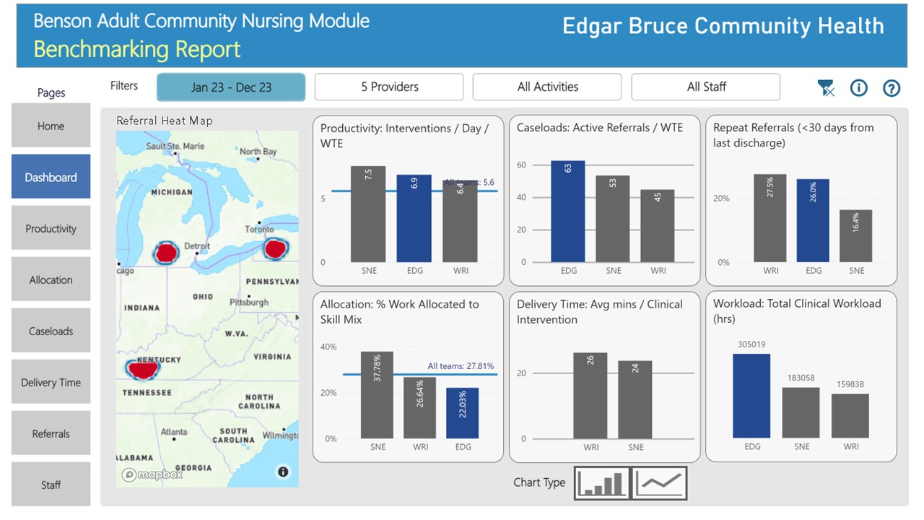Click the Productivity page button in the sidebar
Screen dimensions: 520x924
51,228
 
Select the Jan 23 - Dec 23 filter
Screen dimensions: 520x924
231,87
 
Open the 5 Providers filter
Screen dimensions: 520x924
389,87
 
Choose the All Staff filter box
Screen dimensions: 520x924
705,87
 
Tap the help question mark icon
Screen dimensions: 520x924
892,88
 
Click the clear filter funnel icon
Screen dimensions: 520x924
826,88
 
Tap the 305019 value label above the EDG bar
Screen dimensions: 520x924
751,344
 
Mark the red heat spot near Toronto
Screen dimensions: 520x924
276,249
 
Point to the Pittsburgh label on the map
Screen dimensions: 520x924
249,303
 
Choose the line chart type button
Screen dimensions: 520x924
660,482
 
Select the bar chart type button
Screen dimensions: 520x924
602,482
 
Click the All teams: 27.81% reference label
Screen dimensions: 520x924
461,366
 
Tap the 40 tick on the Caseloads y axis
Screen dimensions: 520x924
521,197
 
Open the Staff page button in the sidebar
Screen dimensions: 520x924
51,485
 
